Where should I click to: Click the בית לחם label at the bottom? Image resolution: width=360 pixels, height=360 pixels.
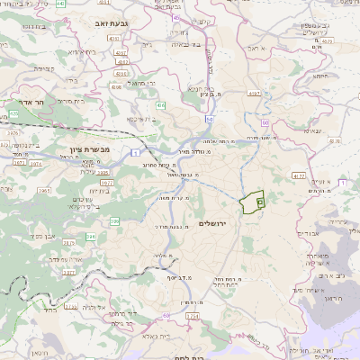(x=179, y=355)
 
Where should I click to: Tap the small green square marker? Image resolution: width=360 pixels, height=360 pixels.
(x=260, y=203)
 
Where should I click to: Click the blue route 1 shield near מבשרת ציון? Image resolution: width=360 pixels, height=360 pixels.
(x=135, y=153)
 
